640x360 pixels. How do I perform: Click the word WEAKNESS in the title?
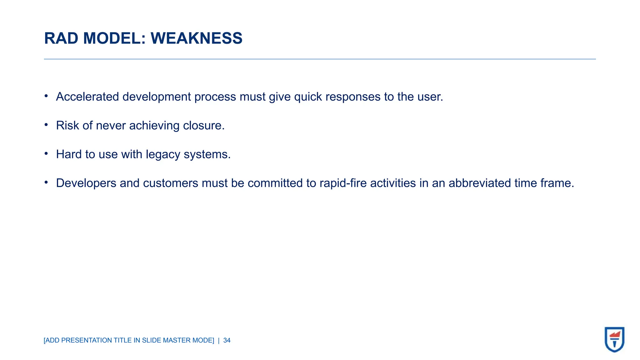pos(196,38)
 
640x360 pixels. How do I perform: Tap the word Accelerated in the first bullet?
pos(87,97)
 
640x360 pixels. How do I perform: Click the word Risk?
pos(67,126)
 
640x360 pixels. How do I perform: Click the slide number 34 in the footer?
pos(227,340)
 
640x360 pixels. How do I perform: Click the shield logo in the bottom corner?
pos(614,339)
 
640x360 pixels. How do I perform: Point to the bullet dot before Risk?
pos(46,125)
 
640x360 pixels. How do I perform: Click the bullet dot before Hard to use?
pos(46,153)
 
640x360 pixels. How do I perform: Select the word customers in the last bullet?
pos(170,183)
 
